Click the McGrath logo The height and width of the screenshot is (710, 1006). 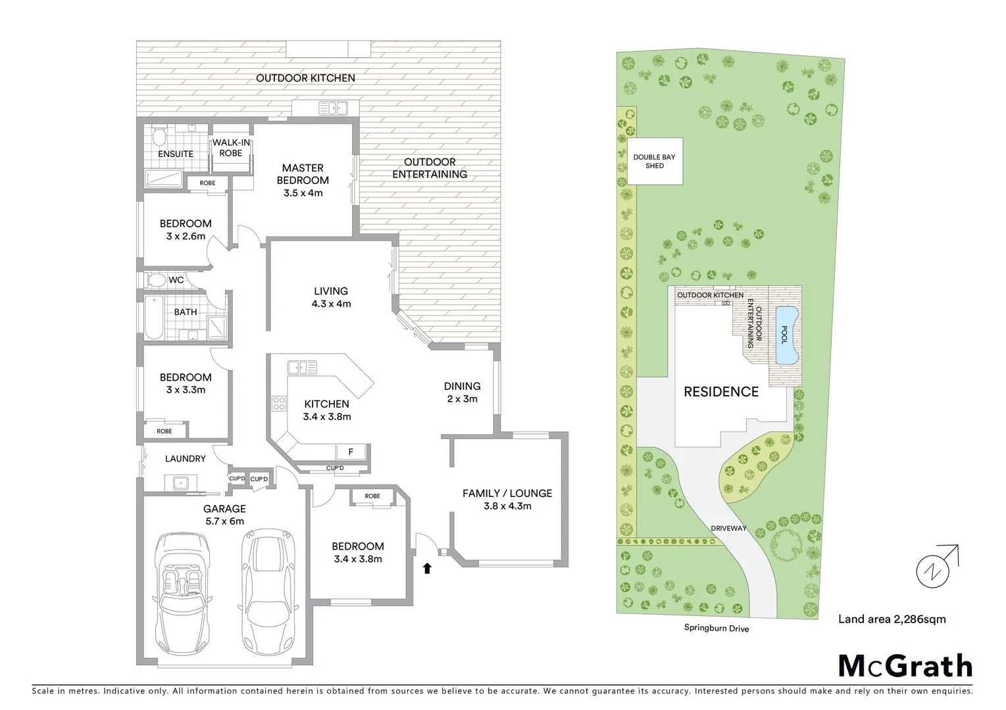tap(905, 665)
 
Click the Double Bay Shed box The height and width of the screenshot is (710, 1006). tap(655, 161)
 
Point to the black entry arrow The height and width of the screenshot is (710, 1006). tap(427, 568)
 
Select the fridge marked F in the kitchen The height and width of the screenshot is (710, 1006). tap(351, 452)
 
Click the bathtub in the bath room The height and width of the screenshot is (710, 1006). tap(153, 318)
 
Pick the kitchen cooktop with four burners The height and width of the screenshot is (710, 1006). tap(279, 402)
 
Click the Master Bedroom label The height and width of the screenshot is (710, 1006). tap(303, 174)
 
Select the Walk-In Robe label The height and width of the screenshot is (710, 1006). tap(230, 148)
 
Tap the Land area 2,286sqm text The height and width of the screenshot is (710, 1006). tap(892, 619)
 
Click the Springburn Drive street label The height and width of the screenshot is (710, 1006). tap(716, 628)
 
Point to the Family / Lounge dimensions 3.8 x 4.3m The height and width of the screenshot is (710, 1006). tap(507, 506)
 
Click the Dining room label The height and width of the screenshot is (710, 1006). tap(462, 386)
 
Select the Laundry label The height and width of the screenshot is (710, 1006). tap(185, 458)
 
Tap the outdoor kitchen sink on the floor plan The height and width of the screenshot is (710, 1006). tap(333, 108)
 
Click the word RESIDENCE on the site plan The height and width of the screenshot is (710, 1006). tap(721, 392)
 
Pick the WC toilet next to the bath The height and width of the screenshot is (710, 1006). tap(157, 280)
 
